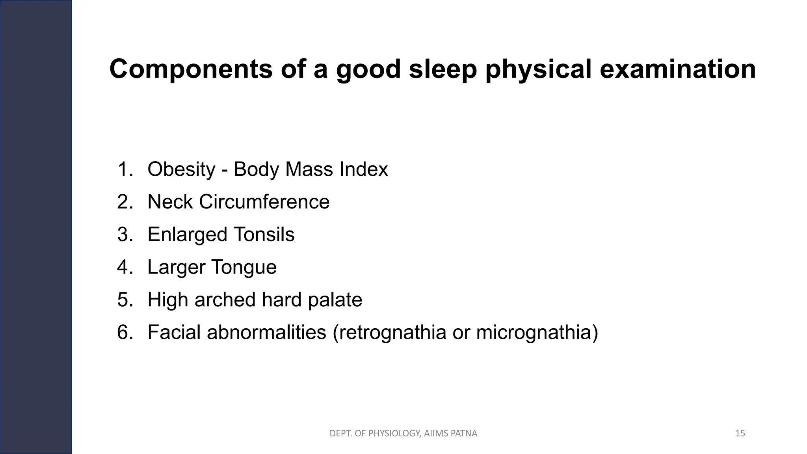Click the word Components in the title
coord(191,69)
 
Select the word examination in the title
coord(678,69)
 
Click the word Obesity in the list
coord(181,169)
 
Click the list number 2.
coord(125,202)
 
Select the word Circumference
coord(264,202)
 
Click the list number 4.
coord(125,267)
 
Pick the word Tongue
coord(244,267)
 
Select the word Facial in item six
coord(174,332)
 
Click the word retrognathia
coord(392,332)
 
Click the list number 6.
coord(125,332)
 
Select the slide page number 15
coord(740,434)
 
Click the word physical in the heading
coord(538,69)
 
